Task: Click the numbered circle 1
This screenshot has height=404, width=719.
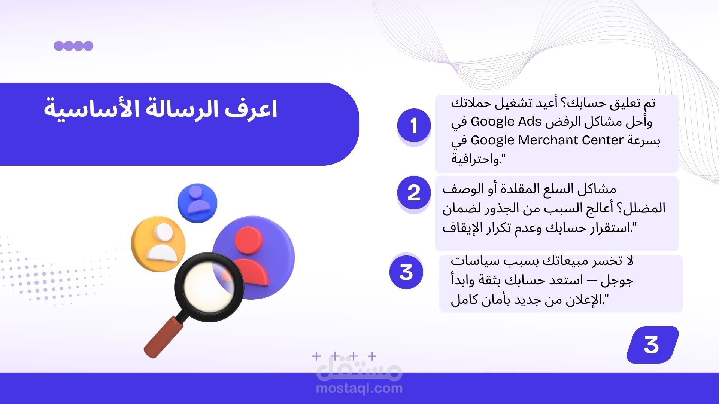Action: click(414, 126)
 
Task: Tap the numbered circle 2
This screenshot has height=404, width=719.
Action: click(414, 193)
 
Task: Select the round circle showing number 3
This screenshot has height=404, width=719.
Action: click(406, 272)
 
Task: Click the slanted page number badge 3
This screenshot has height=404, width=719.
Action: click(652, 345)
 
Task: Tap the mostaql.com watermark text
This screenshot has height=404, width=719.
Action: click(359, 388)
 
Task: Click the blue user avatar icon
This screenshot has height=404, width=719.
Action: click(197, 203)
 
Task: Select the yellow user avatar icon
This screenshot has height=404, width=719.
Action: click(158, 243)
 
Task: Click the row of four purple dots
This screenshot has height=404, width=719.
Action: click(73, 46)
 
